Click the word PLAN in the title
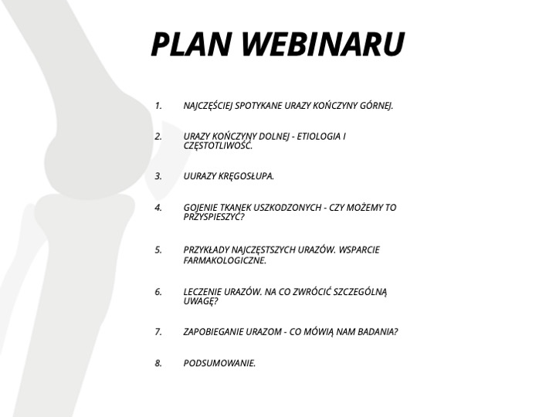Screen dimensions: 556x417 192,44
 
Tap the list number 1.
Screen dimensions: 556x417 158,106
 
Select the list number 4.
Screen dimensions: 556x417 158,208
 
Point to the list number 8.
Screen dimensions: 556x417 158,363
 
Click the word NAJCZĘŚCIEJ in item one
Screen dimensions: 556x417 208,106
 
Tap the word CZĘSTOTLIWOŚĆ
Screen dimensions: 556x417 218,146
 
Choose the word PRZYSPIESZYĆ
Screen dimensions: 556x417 214,217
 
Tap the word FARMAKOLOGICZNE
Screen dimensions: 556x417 225,261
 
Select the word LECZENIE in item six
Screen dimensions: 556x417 201,292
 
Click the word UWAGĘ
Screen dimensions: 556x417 200,301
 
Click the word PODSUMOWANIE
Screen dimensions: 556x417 219,363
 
